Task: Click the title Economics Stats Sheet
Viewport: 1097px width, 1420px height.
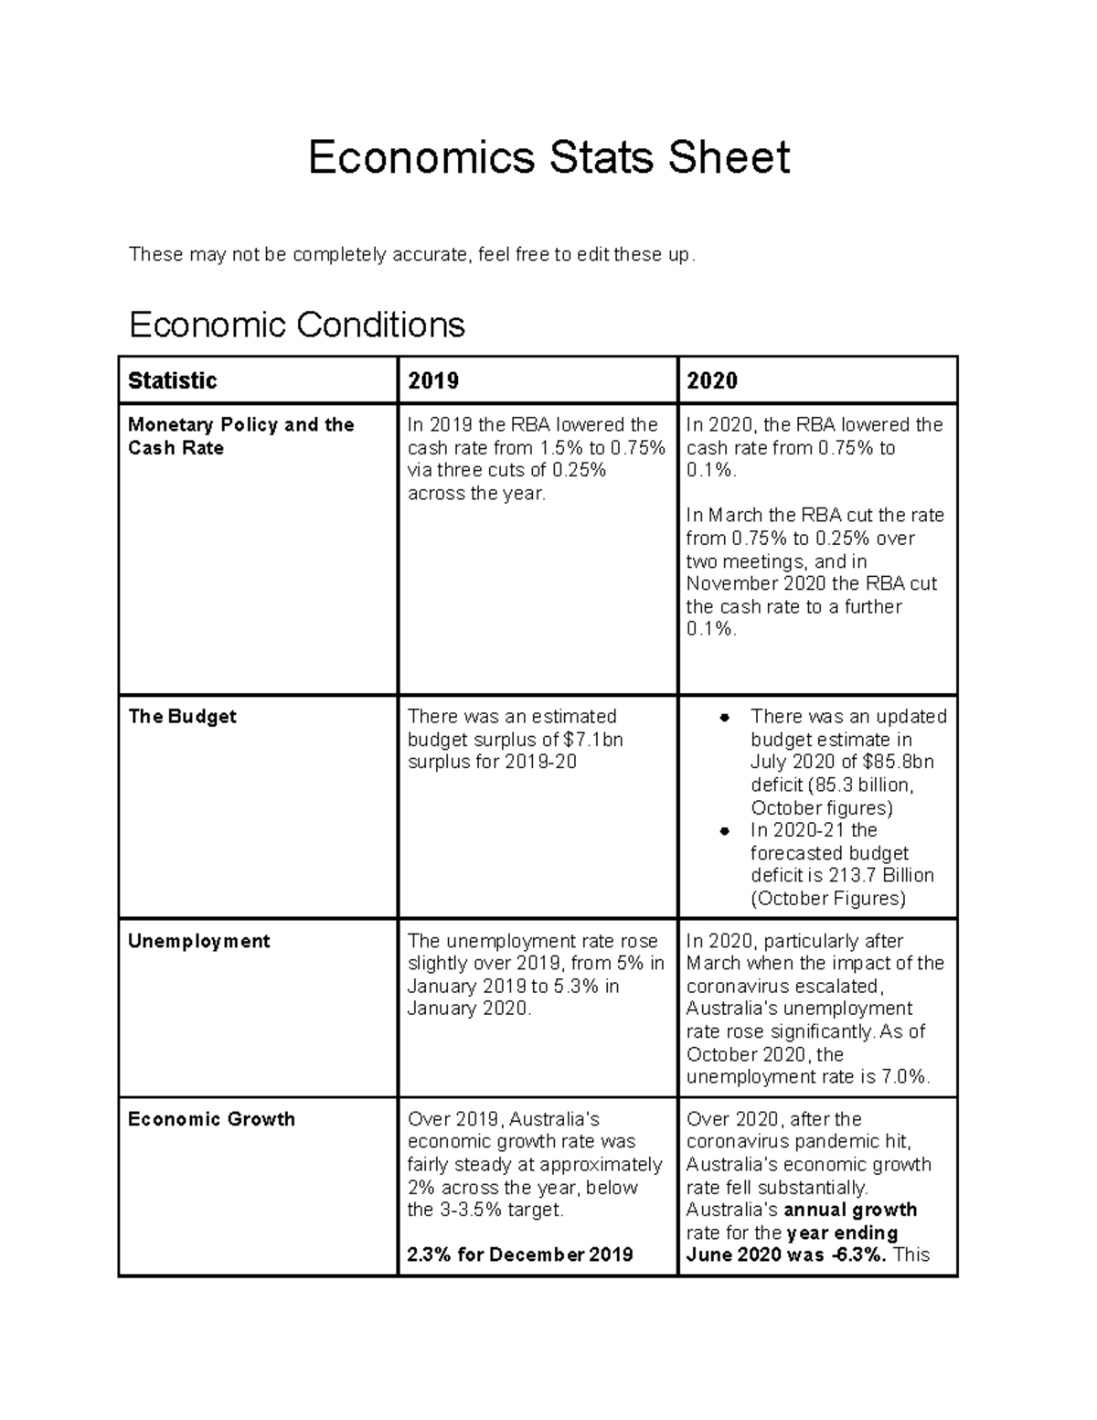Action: (x=548, y=157)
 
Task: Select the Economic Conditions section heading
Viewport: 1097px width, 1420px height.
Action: (x=297, y=325)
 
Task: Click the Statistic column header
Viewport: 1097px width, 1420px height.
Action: (x=172, y=380)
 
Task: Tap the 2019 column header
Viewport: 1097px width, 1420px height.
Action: (x=433, y=380)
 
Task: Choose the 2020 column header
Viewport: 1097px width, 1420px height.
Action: (x=712, y=380)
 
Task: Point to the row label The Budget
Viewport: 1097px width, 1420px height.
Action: (x=182, y=717)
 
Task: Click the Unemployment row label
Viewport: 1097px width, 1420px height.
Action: (x=198, y=942)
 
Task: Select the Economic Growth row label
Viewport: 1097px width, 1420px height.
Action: (x=211, y=1120)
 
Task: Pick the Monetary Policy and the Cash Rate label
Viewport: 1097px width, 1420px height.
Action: (x=240, y=436)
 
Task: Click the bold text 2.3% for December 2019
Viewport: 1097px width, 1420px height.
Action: (x=519, y=1255)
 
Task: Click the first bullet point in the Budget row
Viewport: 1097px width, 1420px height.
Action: (x=724, y=718)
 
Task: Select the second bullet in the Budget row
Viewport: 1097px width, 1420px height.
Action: (x=724, y=831)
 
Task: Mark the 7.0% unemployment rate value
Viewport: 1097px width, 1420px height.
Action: (x=905, y=1077)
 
